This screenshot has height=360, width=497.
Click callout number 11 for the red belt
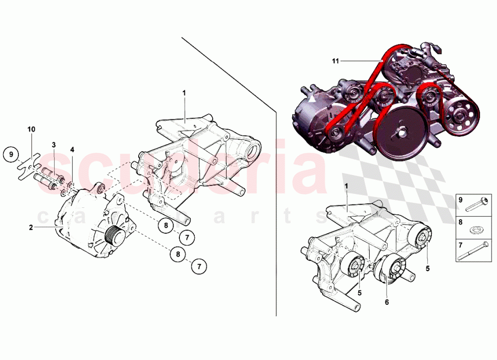(x=335, y=61)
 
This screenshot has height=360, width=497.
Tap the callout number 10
(x=31, y=129)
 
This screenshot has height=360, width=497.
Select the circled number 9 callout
(x=11, y=154)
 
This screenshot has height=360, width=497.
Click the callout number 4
(x=72, y=149)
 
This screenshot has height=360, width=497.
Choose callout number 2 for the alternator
(x=31, y=227)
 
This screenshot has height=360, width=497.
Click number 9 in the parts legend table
(x=460, y=200)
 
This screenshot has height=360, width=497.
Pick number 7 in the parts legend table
(x=460, y=245)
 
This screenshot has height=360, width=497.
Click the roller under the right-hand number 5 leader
(x=423, y=236)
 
